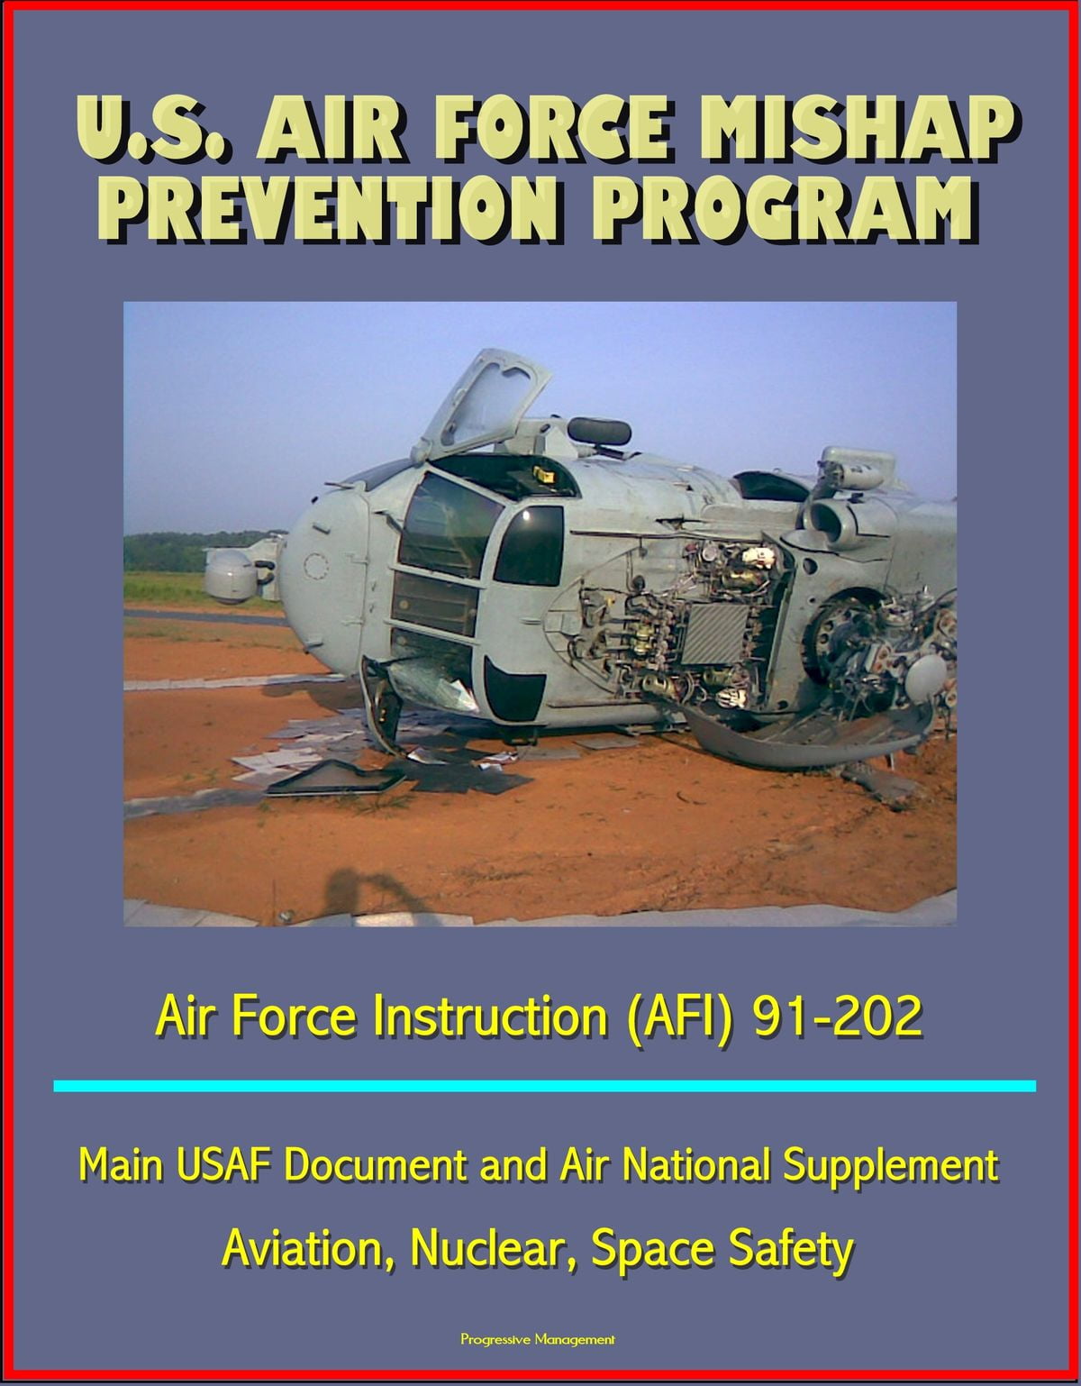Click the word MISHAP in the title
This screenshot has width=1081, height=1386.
point(850,129)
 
